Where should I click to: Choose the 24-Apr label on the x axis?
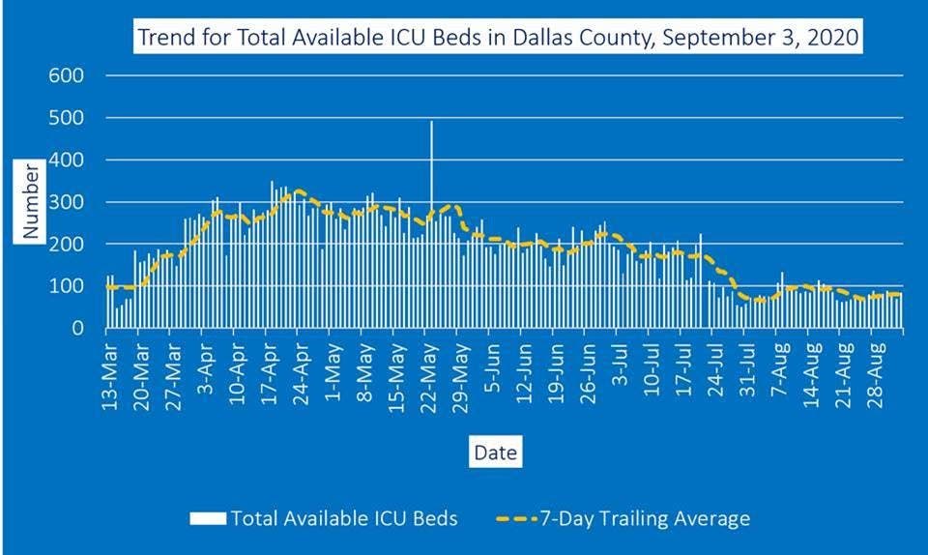coord(301,367)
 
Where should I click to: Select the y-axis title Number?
coord(32,202)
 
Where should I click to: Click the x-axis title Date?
coord(494,451)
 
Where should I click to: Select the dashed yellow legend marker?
coord(521,519)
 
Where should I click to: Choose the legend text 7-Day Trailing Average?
coord(652,519)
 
